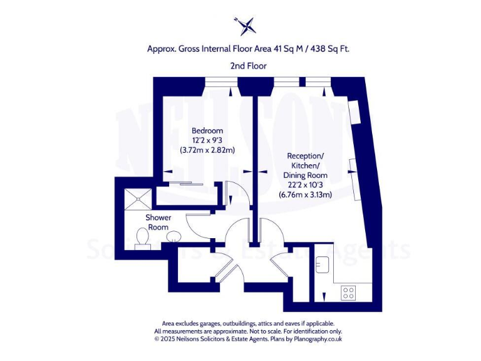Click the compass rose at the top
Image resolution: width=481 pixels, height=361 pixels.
click(244, 26)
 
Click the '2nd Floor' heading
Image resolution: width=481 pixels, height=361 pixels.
click(249, 65)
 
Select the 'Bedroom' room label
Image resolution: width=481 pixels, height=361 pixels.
click(207, 130)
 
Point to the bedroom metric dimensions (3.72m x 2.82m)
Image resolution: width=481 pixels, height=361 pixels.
click(207, 150)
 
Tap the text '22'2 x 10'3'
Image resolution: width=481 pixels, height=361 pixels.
click(306, 185)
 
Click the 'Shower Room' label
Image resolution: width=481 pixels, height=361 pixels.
click(158, 222)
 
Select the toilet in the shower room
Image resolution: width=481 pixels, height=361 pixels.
click(143, 238)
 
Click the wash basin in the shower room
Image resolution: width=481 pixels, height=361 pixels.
click(173, 237)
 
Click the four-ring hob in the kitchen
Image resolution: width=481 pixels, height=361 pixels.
click(348, 293)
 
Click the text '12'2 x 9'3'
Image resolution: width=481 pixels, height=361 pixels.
click(207, 140)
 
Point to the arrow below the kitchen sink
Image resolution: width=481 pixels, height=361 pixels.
click(323, 295)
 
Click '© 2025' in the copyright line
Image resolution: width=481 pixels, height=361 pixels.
click(167, 338)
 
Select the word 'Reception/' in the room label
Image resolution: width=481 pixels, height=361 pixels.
click(306, 155)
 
